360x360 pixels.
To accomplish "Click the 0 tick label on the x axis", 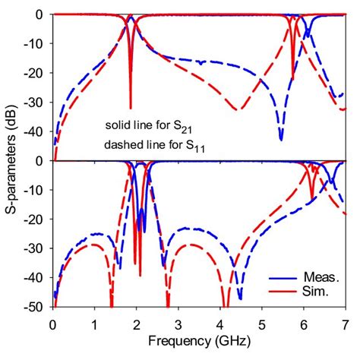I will point(52,321).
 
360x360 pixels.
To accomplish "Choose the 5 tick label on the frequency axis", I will point(261,321).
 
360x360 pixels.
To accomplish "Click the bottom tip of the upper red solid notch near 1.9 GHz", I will point(131,108).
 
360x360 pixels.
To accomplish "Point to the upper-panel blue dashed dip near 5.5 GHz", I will point(281,139).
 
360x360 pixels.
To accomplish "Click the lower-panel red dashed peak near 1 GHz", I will point(94,245).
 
